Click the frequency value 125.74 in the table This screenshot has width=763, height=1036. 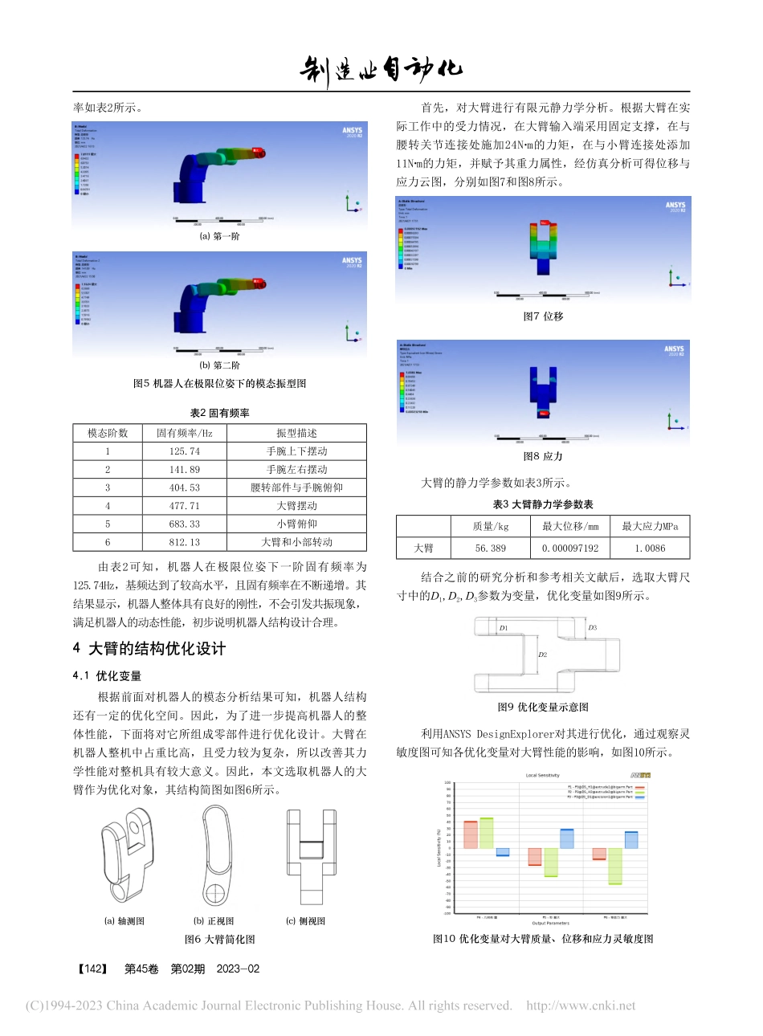coord(184,451)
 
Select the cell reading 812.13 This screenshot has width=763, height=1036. coord(184,542)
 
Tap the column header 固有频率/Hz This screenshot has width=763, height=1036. coord(184,433)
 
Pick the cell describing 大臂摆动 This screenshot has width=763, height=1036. coord(296,506)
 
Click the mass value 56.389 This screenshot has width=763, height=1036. coord(490,549)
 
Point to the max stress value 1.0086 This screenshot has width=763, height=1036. coord(650,549)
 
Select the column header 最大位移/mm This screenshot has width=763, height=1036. coord(570,527)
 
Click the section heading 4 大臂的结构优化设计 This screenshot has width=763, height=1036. coord(149,649)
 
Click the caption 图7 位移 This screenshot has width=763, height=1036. coord(543,316)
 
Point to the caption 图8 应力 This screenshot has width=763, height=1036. coord(543,456)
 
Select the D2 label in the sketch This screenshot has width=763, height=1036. coord(543,655)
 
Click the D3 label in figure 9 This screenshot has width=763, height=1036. coord(592,627)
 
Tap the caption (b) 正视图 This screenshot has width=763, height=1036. coord(214,921)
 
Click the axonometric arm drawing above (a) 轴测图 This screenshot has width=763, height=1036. coord(126,856)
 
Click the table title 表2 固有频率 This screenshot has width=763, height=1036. coord(219,413)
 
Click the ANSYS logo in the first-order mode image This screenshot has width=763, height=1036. coord(352,131)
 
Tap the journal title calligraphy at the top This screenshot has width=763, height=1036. coord(381,70)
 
